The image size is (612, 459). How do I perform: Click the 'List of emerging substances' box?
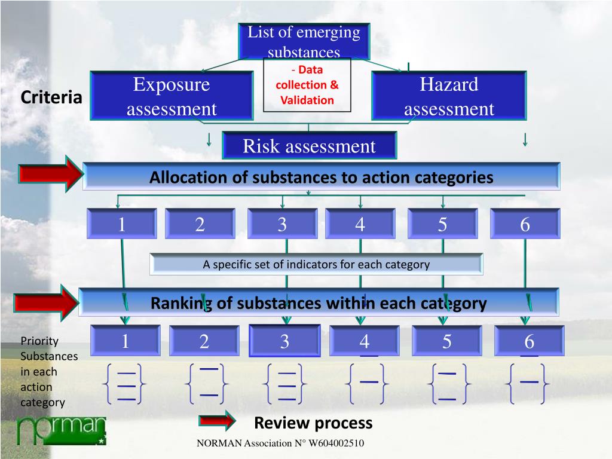tap(304, 41)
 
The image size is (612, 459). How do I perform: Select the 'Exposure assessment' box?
tap(172, 96)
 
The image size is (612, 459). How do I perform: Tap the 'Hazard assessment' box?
tap(449, 96)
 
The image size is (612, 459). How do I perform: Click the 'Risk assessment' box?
tap(309, 146)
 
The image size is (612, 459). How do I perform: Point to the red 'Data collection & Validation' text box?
tap(307, 85)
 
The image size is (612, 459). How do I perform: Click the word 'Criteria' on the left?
tap(51, 97)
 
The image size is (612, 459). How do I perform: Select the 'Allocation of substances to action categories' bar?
tap(322, 177)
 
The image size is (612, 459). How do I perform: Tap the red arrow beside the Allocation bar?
tap(51, 175)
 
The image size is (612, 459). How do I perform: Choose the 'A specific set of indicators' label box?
tap(316, 264)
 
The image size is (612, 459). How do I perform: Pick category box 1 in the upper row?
tap(122, 224)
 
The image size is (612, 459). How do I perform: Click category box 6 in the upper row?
tap(525, 224)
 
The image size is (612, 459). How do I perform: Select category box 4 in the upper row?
tap(360, 224)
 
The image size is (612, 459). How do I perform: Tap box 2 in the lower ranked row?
tap(204, 341)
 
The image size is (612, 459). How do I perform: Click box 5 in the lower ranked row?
tap(447, 341)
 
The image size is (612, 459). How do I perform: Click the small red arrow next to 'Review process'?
tap(218, 421)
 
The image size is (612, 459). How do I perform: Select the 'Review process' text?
tap(313, 423)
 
